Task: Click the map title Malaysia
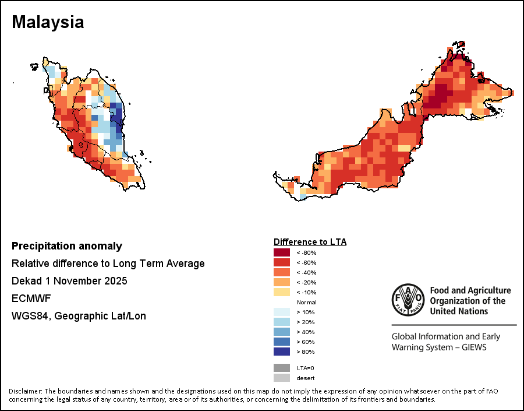(x=48, y=22)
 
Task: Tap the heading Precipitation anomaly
(x=67, y=246)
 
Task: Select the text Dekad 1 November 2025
(x=69, y=281)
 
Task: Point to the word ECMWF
(x=31, y=298)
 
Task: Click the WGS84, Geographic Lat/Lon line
(x=79, y=316)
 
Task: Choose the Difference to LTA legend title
(x=310, y=241)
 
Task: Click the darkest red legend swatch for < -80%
(x=282, y=252)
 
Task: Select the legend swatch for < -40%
(x=282, y=272)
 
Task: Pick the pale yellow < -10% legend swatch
(x=282, y=292)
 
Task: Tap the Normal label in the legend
(x=306, y=303)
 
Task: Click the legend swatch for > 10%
(x=282, y=312)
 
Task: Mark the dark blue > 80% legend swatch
(x=282, y=352)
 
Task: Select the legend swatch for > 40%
(x=282, y=332)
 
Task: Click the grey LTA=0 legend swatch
(x=282, y=368)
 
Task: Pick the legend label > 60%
(x=307, y=342)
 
